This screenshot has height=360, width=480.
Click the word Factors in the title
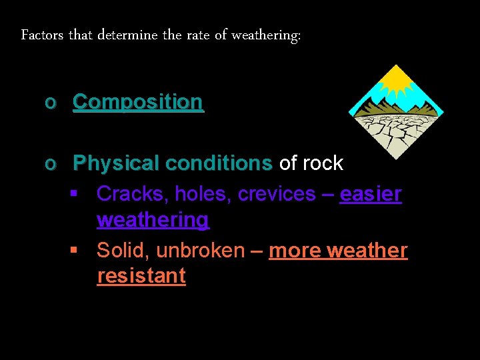42,35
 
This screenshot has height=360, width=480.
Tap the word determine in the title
130,35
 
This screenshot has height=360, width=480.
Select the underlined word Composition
138,102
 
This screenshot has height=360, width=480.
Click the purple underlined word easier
371,194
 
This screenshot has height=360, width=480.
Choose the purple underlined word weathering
153,219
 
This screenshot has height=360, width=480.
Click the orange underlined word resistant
141,276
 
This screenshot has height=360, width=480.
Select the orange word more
293,251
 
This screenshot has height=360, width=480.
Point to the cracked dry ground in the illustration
396,131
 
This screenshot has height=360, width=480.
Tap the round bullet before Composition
49,103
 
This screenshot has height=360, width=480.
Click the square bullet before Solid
75,251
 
